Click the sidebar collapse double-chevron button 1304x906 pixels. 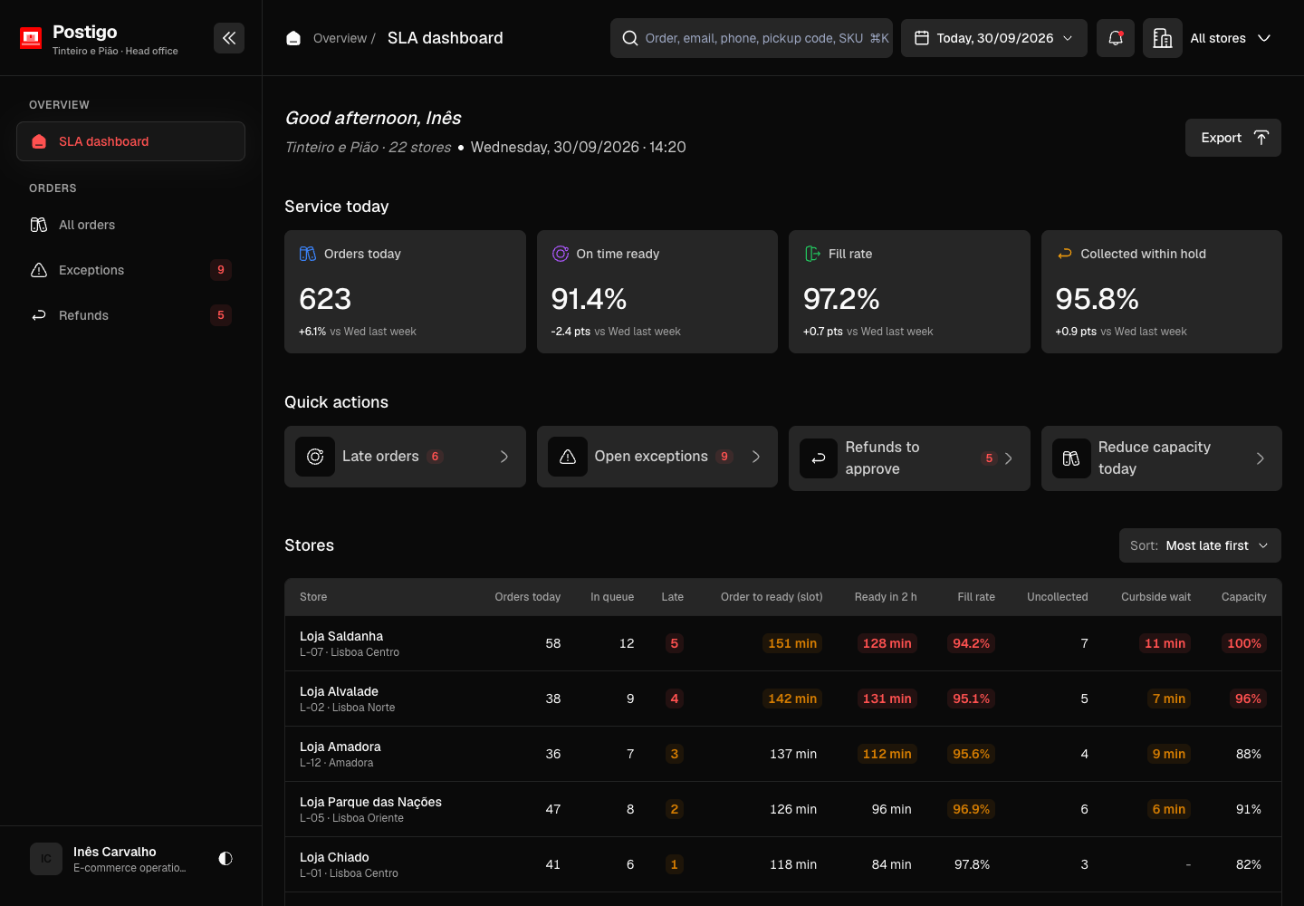(x=229, y=38)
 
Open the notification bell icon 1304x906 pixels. (x=1115, y=38)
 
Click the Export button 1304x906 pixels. (x=1233, y=138)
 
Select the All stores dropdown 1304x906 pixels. (x=1230, y=38)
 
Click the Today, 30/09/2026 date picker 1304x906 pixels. (x=993, y=38)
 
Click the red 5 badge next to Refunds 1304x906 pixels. (x=221, y=315)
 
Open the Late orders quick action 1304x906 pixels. (x=405, y=457)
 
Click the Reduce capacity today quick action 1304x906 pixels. (x=1161, y=458)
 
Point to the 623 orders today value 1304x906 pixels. (x=325, y=299)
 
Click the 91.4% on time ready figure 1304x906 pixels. (x=589, y=299)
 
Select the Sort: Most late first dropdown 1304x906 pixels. (x=1200, y=545)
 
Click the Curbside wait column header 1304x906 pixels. (x=1155, y=597)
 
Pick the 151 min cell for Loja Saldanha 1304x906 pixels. (x=791, y=643)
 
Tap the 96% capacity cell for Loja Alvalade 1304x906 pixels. (x=1248, y=699)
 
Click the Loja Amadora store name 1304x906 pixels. (x=340, y=747)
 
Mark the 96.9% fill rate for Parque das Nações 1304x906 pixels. (x=971, y=809)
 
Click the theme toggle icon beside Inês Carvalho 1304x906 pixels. (x=225, y=859)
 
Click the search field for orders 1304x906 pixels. (x=751, y=38)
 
